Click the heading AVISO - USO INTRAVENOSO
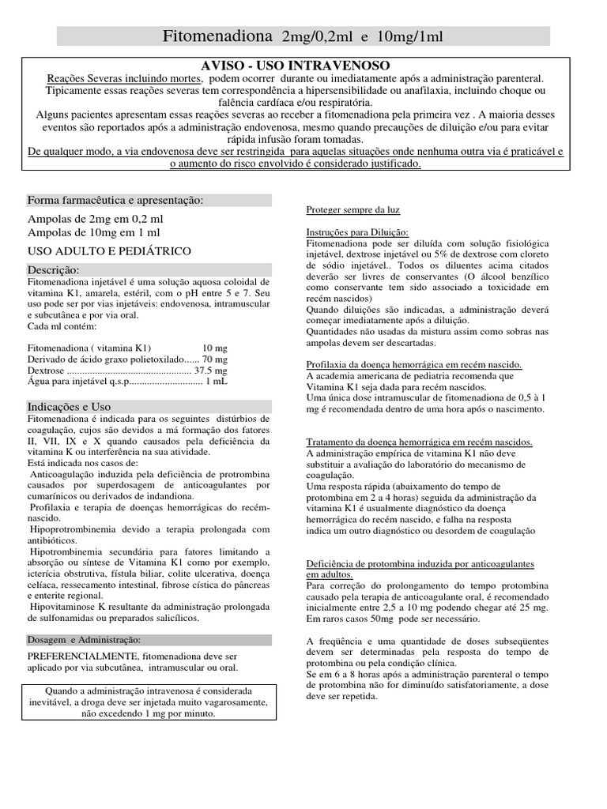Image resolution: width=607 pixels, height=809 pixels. coord(296,65)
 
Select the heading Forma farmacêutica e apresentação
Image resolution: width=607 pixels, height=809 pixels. coord(115,200)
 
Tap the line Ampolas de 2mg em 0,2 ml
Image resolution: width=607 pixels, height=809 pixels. coord(96,218)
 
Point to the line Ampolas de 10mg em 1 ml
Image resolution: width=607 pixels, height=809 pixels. coord(93,232)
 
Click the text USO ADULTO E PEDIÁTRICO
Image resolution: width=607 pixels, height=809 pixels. coord(109,251)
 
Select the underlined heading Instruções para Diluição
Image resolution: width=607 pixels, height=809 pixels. coord(357,232)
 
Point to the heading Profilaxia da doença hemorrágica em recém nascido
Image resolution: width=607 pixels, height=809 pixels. coord(413,364)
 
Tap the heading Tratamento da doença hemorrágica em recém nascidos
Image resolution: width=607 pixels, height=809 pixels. coord(419,442)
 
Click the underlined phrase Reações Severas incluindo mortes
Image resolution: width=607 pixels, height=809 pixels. coord(125,79)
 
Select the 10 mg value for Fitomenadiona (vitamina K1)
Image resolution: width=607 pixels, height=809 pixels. coord(214,347)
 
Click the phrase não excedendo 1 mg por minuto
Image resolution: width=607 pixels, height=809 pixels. coord(148,713)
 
